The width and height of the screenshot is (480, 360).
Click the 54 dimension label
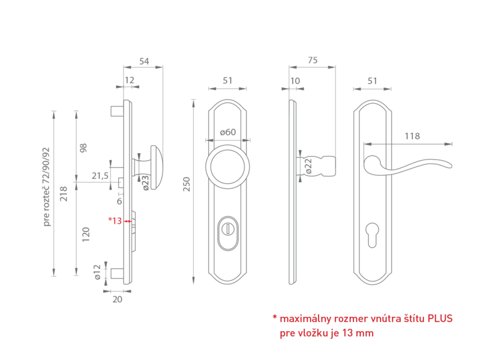click(x=144, y=61)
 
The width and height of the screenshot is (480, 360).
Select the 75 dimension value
click(x=313, y=61)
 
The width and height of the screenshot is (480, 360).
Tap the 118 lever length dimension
click(x=412, y=136)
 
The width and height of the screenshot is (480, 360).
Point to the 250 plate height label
click(x=187, y=184)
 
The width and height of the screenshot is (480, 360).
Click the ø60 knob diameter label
click(x=228, y=132)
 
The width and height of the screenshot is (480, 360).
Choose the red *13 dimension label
click(x=115, y=220)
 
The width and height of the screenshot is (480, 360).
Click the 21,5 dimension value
click(x=100, y=176)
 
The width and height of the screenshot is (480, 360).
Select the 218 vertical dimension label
click(x=64, y=193)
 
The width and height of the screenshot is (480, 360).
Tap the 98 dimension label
click(x=83, y=148)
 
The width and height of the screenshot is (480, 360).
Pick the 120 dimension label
click(x=86, y=235)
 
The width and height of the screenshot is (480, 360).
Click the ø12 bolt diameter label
click(x=97, y=272)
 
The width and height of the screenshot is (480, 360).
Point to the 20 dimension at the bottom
click(x=117, y=299)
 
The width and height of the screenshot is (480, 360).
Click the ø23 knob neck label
click(x=146, y=182)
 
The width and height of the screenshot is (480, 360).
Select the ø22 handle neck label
click(x=308, y=166)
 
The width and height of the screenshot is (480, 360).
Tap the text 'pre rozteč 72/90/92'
click(x=46, y=187)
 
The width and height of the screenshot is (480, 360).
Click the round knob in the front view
click(x=227, y=167)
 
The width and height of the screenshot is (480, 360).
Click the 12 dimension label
click(x=130, y=80)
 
